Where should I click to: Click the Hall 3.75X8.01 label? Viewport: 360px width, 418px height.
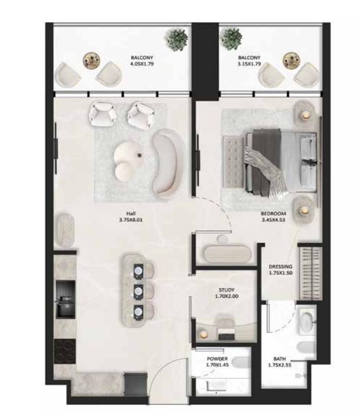[x=131, y=217]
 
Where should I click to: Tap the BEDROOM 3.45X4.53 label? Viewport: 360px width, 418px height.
[x=273, y=217]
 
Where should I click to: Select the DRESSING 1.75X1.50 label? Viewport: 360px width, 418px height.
[x=281, y=270]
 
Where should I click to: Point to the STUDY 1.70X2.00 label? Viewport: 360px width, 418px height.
[x=227, y=293]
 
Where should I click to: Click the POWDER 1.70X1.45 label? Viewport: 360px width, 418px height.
[x=217, y=362]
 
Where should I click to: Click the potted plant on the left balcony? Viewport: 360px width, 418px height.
[x=177, y=38]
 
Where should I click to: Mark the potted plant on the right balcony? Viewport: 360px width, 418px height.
[x=232, y=37]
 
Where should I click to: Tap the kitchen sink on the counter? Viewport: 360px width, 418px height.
[x=65, y=299]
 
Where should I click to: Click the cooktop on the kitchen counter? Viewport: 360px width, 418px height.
[x=64, y=351]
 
